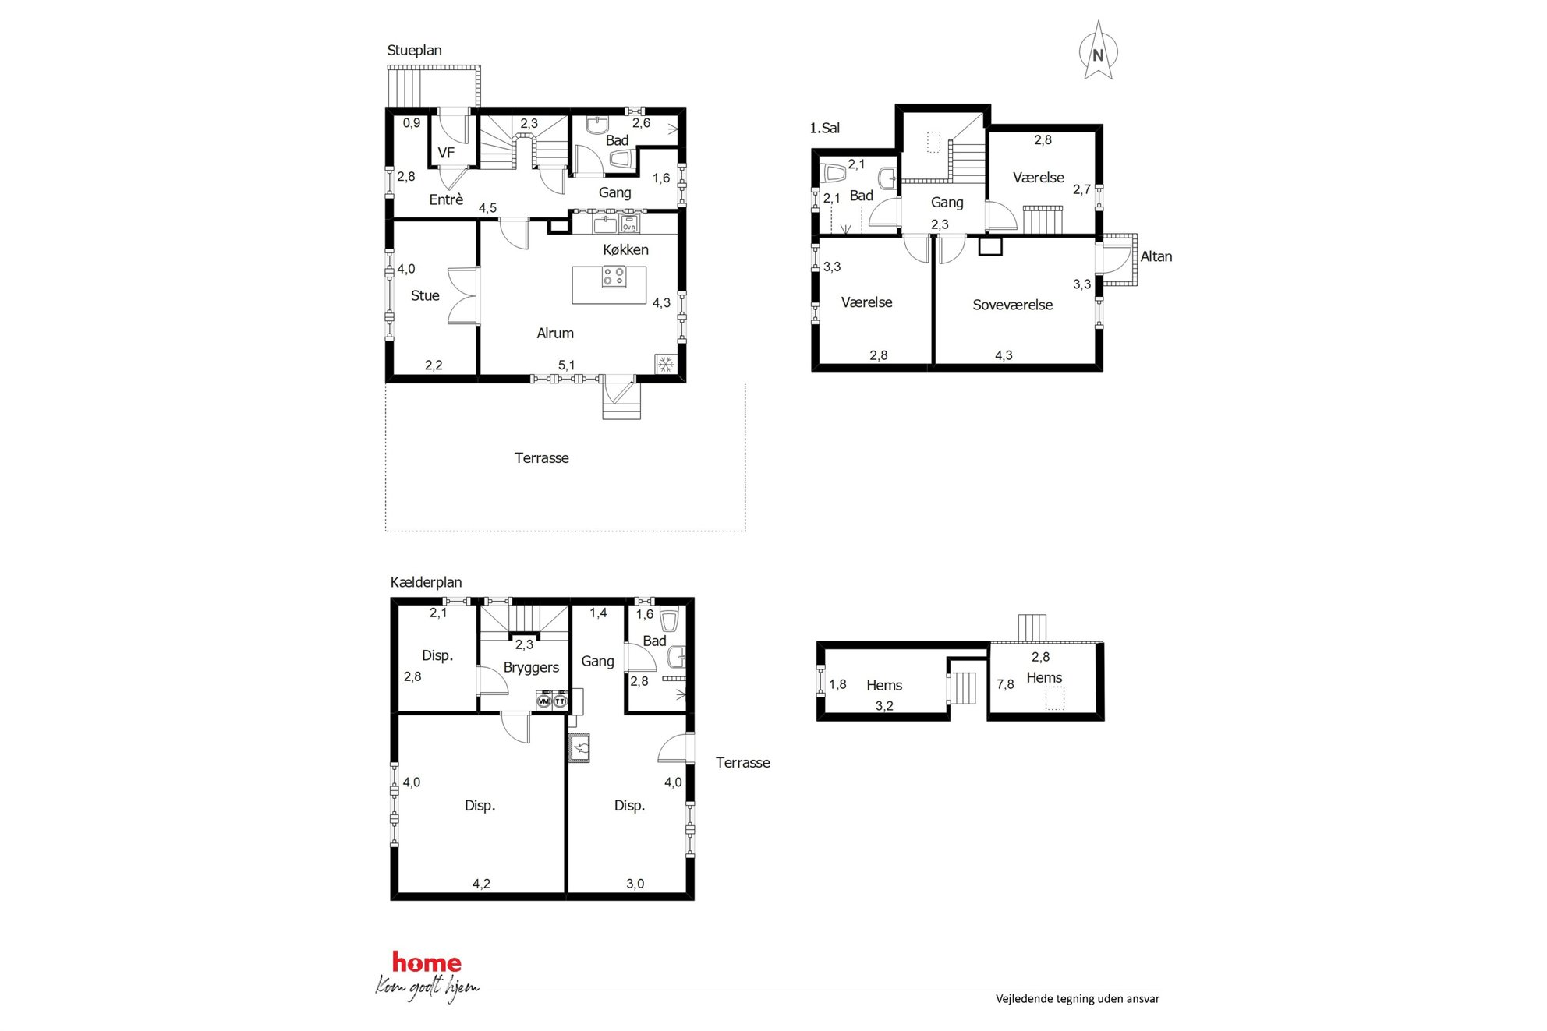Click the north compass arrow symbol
point(1098,51)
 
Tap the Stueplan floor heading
point(414,51)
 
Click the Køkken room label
point(625,249)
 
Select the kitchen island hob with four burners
point(614,277)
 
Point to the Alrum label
point(555,333)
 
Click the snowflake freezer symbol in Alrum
point(665,364)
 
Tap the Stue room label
point(425,295)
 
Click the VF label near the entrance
point(446,153)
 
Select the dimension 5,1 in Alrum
point(566,365)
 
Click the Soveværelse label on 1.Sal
point(1012,305)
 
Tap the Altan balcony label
point(1156,256)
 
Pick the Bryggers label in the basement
point(531,668)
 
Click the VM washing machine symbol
point(544,701)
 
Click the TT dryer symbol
point(559,701)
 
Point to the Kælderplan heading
point(426,582)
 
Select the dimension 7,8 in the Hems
point(1005,684)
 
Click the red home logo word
point(427,962)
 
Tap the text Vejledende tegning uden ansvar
point(1078,998)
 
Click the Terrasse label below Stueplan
point(541,458)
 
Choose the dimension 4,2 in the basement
point(481,884)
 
